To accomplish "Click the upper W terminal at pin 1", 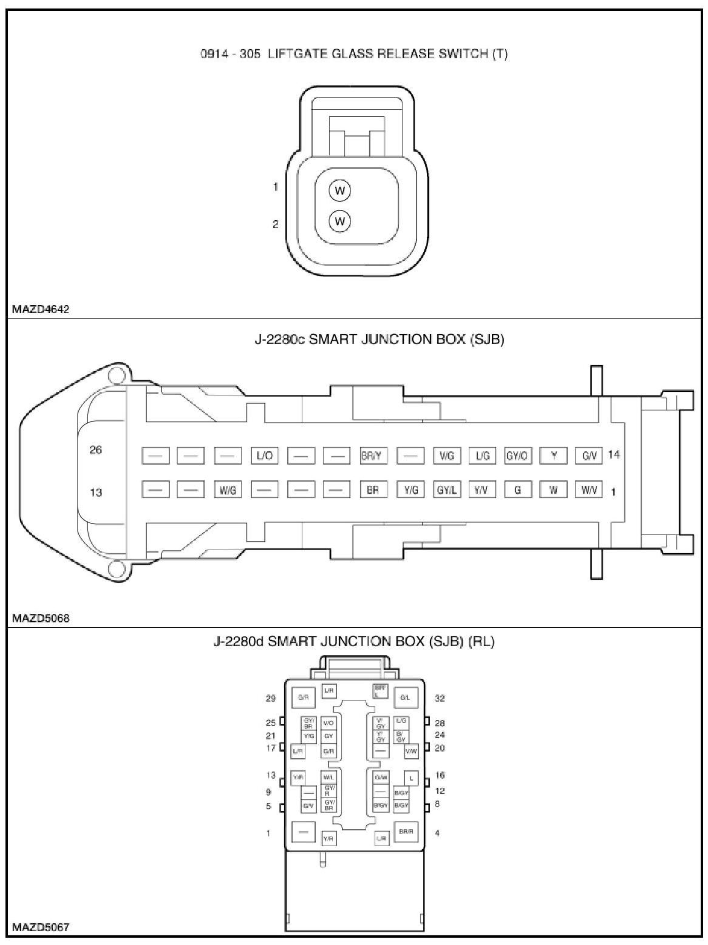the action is (x=340, y=191).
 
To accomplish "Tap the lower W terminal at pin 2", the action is (x=340, y=221).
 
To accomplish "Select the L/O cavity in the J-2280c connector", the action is (x=264, y=456).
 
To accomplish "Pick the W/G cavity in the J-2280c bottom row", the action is (x=228, y=490).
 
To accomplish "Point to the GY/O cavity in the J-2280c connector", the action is (x=518, y=456).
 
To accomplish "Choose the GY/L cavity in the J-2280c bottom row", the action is (x=446, y=490).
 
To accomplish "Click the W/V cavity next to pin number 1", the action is (x=588, y=490).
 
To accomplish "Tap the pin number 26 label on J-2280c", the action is (x=96, y=450).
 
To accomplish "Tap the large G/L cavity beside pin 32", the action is (x=406, y=698).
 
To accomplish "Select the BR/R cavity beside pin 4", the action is (x=406, y=832).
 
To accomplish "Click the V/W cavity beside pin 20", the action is (x=411, y=752).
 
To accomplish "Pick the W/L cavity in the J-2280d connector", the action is (x=328, y=778).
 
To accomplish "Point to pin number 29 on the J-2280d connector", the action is (x=271, y=699).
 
